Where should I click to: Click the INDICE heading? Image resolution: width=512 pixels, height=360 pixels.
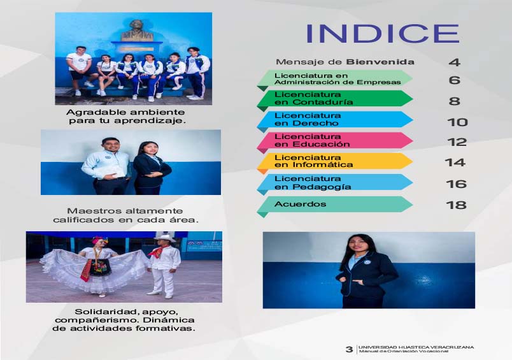(x=383, y=33)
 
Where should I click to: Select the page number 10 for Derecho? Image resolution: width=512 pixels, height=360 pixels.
(x=457, y=122)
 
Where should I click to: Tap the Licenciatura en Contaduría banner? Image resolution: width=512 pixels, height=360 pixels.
(x=335, y=99)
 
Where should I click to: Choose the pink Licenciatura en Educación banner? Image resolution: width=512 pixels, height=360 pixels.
(x=335, y=140)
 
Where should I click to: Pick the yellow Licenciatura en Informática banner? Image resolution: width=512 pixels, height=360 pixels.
(x=335, y=161)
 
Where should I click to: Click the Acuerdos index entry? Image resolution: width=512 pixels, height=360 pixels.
(x=335, y=205)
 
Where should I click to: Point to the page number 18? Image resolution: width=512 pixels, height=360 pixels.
(x=456, y=205)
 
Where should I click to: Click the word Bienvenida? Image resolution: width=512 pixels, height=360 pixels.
(x=380, y=62)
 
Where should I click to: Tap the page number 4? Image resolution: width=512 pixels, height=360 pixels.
(x=454, y=62)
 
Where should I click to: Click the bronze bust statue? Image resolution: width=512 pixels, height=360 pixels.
(x=137, y=31)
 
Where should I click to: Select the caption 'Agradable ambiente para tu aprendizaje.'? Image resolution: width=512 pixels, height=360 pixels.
(x=126, y=117)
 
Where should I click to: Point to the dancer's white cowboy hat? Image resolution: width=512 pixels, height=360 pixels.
(x=164, y=238)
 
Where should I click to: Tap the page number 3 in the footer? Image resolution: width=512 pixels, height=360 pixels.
(x=349, y=349)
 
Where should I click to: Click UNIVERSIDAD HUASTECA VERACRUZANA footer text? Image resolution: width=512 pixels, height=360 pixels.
(x=416, y=347)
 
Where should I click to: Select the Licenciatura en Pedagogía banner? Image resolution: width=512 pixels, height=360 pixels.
(x=335, y=183)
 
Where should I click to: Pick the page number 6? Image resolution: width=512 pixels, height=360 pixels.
(x=454, y=80)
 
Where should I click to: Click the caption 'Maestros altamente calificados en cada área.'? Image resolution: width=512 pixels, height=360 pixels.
(x=125, y=215)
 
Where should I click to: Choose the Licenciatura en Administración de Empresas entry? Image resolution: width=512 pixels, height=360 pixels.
(x=335, y=79)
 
